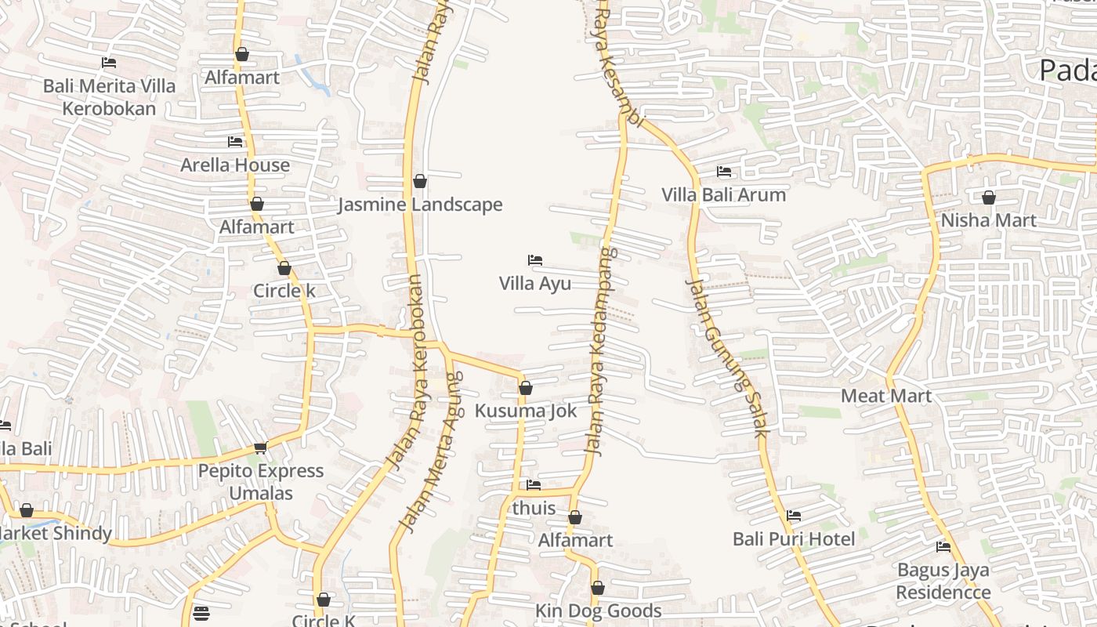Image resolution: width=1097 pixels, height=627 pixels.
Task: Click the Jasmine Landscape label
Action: pos(420,205)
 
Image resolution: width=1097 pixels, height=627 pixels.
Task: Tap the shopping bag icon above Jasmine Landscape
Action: pos(420,182)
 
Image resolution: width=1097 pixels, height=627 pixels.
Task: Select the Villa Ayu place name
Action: pos(535,284)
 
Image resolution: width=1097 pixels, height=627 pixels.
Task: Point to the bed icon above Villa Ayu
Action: pos(535,259)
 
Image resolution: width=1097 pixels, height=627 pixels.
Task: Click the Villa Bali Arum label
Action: pos(723,195)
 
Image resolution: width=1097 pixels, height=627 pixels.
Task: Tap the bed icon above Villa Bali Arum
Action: pos(724,171)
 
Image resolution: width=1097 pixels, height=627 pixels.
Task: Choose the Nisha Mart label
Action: pos(988,220)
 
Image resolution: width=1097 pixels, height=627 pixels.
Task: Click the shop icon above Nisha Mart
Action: pos(989,198)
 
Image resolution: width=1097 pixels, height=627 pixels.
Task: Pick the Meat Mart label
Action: pos(886,396)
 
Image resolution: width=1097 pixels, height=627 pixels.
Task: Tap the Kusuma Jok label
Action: pos(526,411)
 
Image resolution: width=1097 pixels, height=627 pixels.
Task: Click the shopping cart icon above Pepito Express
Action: pos(261,448)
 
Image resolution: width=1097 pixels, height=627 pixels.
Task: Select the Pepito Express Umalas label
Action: pos(261,482)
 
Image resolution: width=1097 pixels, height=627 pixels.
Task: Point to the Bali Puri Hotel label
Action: pos(794,539)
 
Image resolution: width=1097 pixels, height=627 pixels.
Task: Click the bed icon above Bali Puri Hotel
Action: pos(794,516)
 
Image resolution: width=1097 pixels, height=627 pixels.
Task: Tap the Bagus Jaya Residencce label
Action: pos(943,581)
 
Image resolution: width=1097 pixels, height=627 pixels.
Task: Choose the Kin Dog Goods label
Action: pos(598,611)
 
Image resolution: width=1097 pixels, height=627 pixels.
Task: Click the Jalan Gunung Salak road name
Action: pos(728,357)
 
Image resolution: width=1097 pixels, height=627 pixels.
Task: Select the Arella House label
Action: pos(235,165)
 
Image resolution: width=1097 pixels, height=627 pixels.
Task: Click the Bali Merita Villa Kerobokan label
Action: pos(109,97)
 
